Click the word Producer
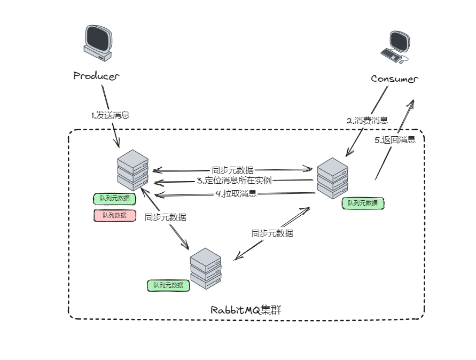pyautogui.click(x=96, y=76)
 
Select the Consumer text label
pyautogui.click(x=394, y=79)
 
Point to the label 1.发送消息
pyautogui.click(x=110, y=115)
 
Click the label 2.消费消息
pyautogui.click(x=367, y=121)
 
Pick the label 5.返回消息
pyautogui.click(x=395, y=140)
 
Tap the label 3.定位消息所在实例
pyautogui.click(x=234, y=181)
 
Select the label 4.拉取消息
pyautogui.click(x=236, y=193)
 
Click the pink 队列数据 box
pyautogui.click(x=114, y=215)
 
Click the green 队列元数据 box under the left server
pyautogui.click(x=114, y=199)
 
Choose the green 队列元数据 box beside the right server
pyautogui.click(x=363, y=203)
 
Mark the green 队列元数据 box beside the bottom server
pyautogui.click(x=168, y=285)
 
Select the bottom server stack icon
pyautogui.click(x=206, y=269)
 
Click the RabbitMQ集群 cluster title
pyautogui.click(x=246, y=310)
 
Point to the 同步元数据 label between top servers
pyautogui.click(x=232, y=170)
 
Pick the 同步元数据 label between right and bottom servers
pyautogui.click(x=272, y=233)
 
